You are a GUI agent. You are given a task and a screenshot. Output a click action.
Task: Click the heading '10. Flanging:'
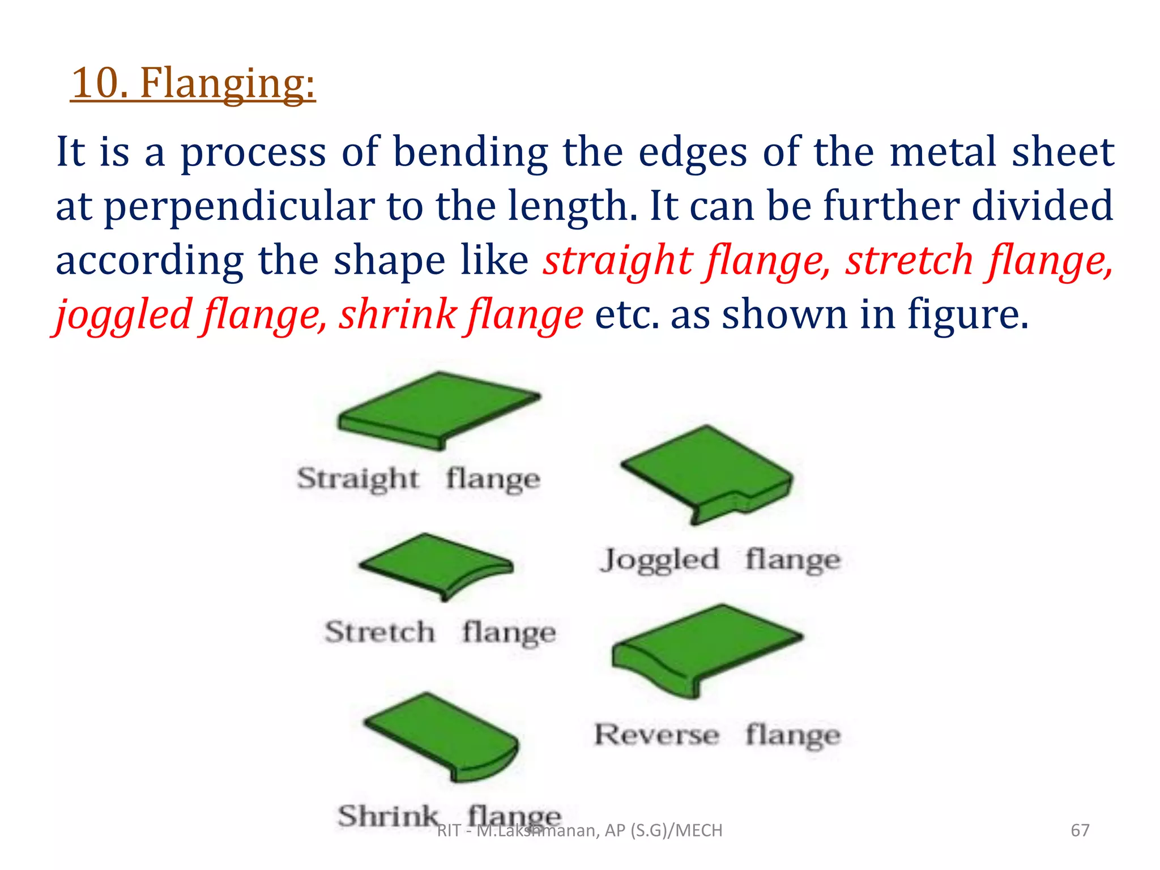193,83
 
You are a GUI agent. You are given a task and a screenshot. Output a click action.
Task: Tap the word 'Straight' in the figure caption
358,479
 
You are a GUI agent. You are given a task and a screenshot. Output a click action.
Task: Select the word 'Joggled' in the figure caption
659,560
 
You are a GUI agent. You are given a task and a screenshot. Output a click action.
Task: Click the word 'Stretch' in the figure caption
380,632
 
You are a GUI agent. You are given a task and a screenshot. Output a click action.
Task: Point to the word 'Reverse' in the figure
656,735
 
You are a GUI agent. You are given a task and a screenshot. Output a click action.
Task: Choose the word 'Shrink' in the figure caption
389,816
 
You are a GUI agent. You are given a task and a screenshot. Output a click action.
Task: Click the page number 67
1080,830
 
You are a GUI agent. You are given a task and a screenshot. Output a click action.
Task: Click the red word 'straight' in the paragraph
618,261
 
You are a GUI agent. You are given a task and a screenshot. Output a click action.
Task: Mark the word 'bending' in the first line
471,152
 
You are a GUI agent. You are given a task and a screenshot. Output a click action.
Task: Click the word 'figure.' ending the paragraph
968,315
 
